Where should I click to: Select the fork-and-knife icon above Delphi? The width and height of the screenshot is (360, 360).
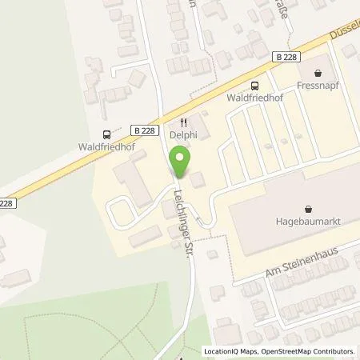click(182, 124)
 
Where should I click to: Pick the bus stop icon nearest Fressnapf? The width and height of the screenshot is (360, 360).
click(255, 86)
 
